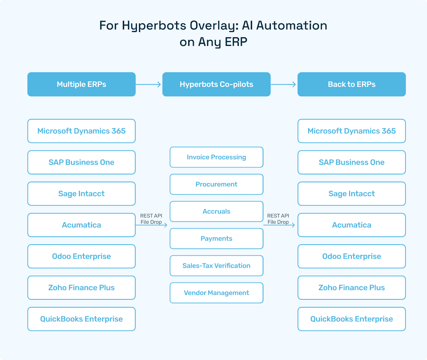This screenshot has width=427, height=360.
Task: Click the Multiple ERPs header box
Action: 81,84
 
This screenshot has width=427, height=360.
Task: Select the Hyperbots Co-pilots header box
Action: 216,84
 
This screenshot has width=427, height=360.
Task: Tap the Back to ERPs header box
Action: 351,84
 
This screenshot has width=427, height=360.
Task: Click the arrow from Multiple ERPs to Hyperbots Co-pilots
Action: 148,85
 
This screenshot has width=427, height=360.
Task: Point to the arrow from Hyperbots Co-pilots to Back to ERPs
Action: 283,85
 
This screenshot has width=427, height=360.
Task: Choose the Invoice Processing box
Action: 216,157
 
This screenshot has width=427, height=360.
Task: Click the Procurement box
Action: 216,184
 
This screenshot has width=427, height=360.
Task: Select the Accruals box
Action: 216,211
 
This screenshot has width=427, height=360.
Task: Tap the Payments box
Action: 216,239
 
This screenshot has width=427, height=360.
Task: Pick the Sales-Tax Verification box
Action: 216,266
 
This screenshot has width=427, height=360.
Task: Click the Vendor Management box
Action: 216,293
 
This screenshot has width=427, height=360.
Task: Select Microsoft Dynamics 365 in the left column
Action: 81,131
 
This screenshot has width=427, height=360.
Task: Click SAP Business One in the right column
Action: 351,162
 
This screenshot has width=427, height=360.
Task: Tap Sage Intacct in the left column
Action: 81,194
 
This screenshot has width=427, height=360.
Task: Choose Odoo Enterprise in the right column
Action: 351,256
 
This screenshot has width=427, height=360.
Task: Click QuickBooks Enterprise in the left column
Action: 81,319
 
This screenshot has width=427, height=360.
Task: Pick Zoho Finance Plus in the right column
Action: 351,288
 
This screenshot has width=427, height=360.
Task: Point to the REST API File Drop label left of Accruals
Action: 151,219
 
